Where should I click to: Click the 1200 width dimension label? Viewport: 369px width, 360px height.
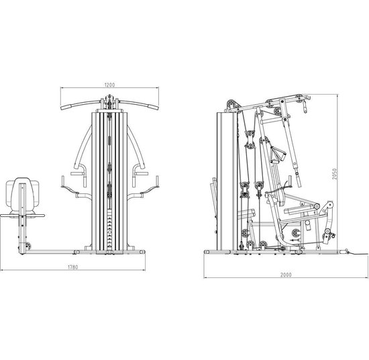109,85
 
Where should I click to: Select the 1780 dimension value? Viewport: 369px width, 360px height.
72,267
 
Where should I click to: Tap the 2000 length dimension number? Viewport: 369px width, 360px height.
286,275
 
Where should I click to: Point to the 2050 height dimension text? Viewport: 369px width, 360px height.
335,174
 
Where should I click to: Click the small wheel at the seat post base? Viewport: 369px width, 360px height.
28,246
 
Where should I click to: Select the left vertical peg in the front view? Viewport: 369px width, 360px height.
63,181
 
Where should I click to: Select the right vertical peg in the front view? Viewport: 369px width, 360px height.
157,181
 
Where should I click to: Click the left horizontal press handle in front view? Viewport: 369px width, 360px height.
77,174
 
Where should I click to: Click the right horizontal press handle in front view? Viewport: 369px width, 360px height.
142,174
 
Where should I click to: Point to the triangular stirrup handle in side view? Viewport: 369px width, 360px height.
278,154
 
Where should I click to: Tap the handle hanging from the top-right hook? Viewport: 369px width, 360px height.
305,107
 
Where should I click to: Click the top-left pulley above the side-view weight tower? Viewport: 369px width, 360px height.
231,104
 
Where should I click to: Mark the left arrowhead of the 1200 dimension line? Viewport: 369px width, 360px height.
62,88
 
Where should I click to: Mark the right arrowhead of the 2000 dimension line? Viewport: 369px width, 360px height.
366,278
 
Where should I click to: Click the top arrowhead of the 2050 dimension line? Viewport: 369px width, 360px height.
338,96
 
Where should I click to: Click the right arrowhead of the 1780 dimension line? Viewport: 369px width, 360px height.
144,270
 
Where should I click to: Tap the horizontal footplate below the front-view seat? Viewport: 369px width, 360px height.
22,216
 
